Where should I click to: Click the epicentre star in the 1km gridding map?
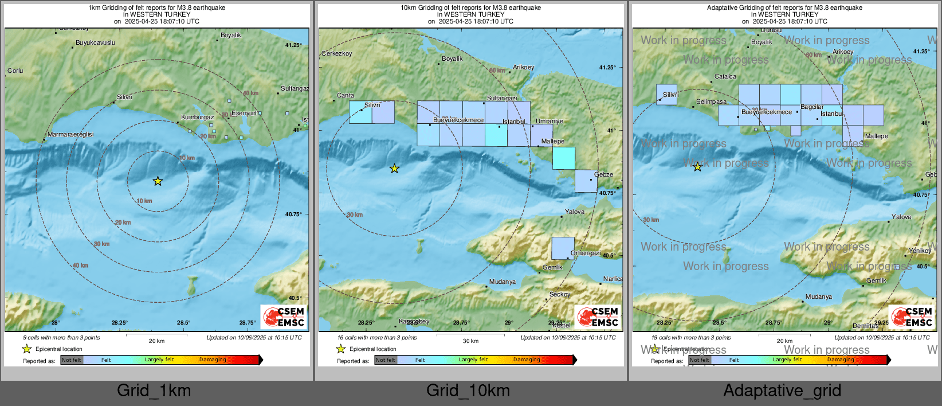[x=158, y=181]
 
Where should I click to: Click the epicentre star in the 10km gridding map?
[x=394, y=169]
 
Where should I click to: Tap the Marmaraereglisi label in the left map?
[x=70, y=134]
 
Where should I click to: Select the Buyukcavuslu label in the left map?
[x=95, y=43]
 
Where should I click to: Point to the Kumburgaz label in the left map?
[x=197, y=117]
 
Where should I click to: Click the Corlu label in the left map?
[x=15, y=71]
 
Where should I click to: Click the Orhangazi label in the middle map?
[x=586, y=253]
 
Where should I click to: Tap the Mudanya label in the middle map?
[x=502, y=282]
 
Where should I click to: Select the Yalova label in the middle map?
[x=574, y=212]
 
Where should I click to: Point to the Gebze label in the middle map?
[x=603, y=174]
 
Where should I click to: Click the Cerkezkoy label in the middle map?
[x=337, y=53]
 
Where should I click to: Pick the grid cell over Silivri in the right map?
[x=666, y=95]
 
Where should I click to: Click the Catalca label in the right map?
[x=725, y=76]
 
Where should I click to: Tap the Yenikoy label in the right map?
[x=920, y=251]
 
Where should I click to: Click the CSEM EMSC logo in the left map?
[x=284, y=317]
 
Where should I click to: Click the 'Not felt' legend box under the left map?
[x=72, y=360]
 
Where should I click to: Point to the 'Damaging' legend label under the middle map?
[x=527, y=360]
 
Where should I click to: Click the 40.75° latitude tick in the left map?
[x=293, y=214]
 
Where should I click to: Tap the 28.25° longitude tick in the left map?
[x=120, y=323]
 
